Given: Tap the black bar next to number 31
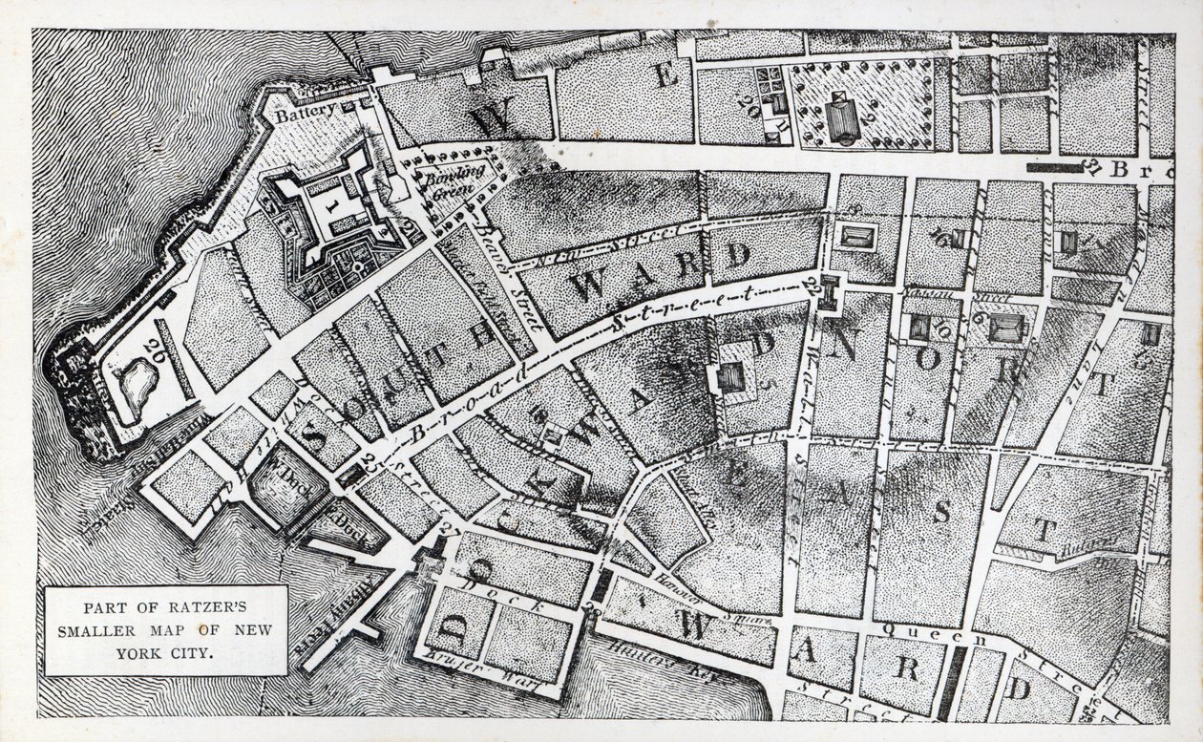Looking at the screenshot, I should [x=1055, y=165].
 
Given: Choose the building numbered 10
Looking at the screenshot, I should [x=920, y=328].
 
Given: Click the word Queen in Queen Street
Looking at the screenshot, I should [x=906, y=630].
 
